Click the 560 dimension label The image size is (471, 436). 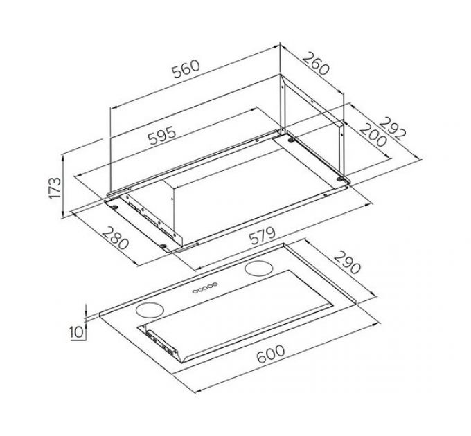pyautogui.click(x=186, y=69)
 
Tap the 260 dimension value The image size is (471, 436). pyautogui.click(x=316, y=64)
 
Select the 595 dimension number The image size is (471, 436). pyautogui.click(x=162, y=136)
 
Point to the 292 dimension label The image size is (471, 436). pyautogui.click(x=393, y=129)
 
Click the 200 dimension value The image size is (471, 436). pyautogui.click(x=373, y=135)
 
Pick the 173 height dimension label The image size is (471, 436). pyautogui.click(x=55, y=188)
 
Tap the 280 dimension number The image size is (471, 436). pyautogui.click(x=116, y=239)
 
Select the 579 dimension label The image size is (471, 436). pyautogui.click(x=262, y=236)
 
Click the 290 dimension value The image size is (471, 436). pyautogui.click(x=347, y=262)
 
